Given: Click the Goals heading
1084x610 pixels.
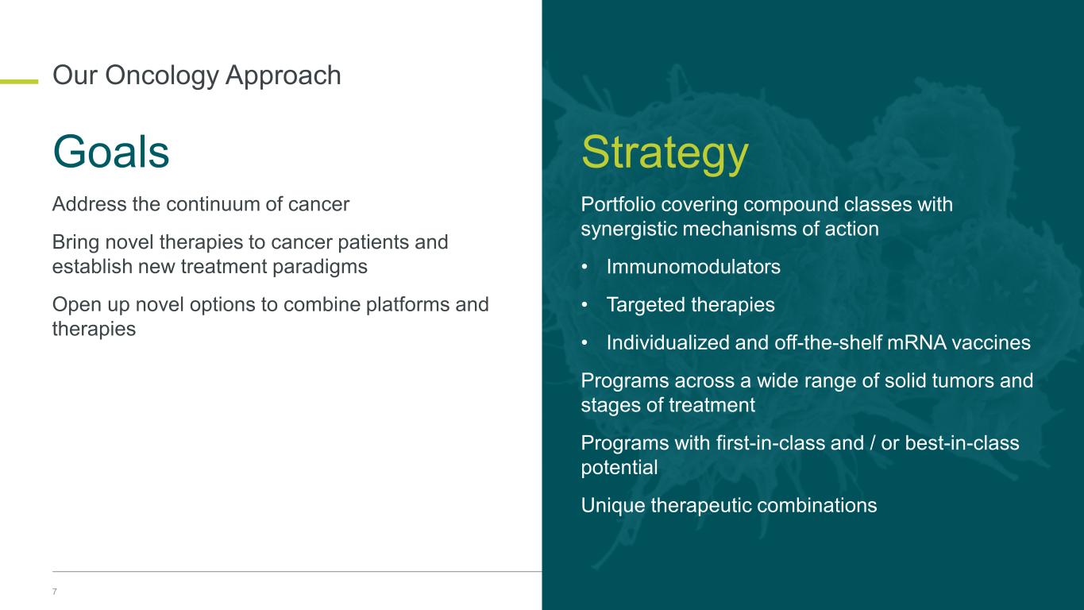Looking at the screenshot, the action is click(111, 152).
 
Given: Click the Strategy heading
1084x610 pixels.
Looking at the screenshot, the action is click(665, 154).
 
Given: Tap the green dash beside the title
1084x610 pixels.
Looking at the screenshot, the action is click(19, 81).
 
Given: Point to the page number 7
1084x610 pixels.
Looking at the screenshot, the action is click(55, 591).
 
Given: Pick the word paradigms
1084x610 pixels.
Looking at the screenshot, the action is click(319, 267).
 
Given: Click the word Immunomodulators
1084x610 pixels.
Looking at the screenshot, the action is click(693, 267).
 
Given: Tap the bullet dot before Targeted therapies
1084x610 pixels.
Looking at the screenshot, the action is click(584, 304).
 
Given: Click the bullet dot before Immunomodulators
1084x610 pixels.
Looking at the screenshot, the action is click(584, 267).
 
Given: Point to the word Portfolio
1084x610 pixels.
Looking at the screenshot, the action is click(618, 204).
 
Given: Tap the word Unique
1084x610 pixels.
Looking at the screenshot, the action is click(612, 506).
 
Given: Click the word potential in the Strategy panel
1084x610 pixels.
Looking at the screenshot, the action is click(619, 468).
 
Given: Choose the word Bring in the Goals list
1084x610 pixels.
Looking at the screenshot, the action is click(75, 242).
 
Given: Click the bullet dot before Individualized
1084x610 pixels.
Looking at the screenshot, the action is click(584, 343).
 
